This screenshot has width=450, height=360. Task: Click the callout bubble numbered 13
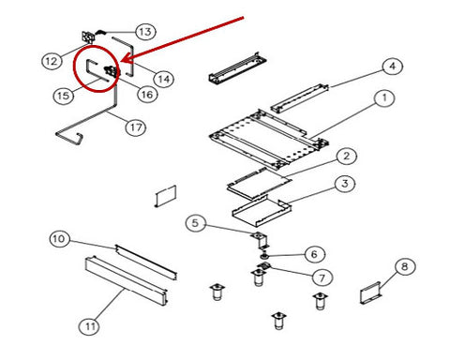[145, 32]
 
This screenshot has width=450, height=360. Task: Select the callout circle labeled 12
[52, 61]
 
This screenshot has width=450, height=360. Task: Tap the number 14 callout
[164, 79]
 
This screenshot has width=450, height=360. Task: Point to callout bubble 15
[64, 96]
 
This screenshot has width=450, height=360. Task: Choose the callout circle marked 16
[147, 94]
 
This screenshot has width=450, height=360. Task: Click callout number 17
[136, 127]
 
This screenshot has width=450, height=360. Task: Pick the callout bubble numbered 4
[393, 66]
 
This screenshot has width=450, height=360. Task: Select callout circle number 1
[384, 97]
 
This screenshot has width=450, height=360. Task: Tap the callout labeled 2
[346, 156]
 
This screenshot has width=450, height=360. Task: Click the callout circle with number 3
[345, 184]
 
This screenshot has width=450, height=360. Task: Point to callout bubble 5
[195, 223]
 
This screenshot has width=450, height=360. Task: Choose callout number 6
[314, 254]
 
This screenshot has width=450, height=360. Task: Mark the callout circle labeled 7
[322, 277]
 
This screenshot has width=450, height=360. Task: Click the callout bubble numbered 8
[405, 266]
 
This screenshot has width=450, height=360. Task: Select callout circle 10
[59, 239]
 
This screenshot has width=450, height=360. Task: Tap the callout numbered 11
[89, 326]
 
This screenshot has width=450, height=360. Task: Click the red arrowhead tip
[121, 61]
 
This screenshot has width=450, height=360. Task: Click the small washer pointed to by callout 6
[265, 257]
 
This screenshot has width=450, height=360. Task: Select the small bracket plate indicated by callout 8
[370, 292]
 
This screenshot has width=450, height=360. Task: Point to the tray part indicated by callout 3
[262, 211]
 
